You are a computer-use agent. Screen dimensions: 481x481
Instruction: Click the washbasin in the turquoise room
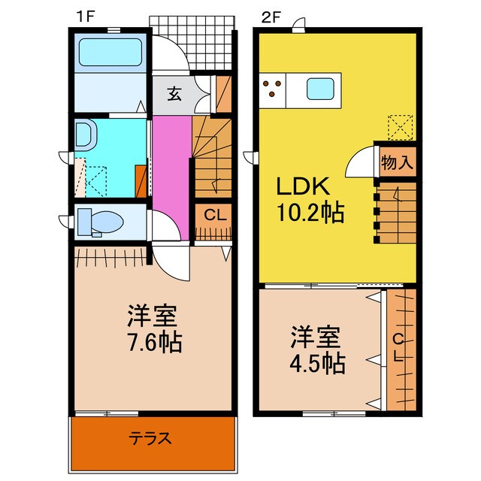point(84,135)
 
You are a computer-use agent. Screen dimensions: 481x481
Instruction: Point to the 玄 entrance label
point(174,94)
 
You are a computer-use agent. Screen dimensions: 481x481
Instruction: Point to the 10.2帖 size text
point(309,213)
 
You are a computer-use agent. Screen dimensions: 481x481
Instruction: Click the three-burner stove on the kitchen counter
point(275,89)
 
